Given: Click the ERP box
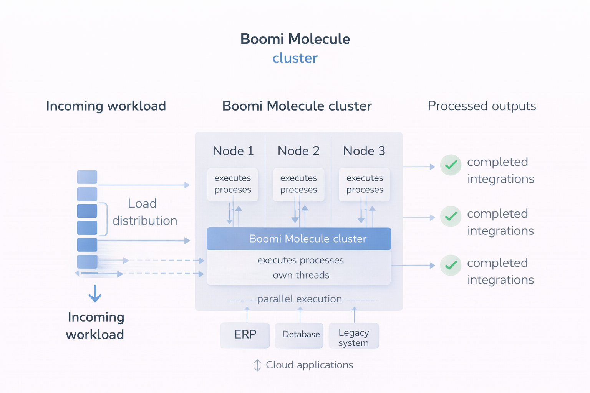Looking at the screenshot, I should pyautogui.click(x=245, y=335).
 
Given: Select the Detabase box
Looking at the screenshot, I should pyautogui.click(x=299, y=335).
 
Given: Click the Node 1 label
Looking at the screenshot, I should pyautogui.click(x=233, y=151).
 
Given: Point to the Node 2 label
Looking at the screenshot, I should pyautogui.click(x=298, y=151).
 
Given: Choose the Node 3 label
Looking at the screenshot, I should pyautogui.click(x=364, y=151).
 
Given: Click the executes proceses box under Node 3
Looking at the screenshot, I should pyautogui.click(x=365, y=184).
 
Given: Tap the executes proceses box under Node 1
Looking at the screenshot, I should pyautogui.click(x=233, y=184).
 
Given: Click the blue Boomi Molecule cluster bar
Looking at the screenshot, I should pyautogui.click(x=299, y=239).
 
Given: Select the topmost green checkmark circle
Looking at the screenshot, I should pyautogui.click(x=451, y=165).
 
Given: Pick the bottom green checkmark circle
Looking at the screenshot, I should pyautogui.click(x=451, y=265).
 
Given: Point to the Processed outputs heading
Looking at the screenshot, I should pyautogui.click(x=482, y=106).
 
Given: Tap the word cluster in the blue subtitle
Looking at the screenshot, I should pyautogui.click(x=295, y=58).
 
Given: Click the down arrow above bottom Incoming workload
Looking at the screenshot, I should pyautogui.click(x=95, y=294).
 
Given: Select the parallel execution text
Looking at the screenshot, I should pyautogui.click(x=299, y=299).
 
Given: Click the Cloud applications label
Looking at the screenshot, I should pyautogui.click(x=309, y=365).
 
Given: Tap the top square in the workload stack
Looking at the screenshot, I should pyautogui.click(x=87, y=177).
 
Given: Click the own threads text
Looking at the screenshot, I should pyautogui.click(x=301, y=275).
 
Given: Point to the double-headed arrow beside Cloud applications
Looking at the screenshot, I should pyautogui.click(x=257, y=365).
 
